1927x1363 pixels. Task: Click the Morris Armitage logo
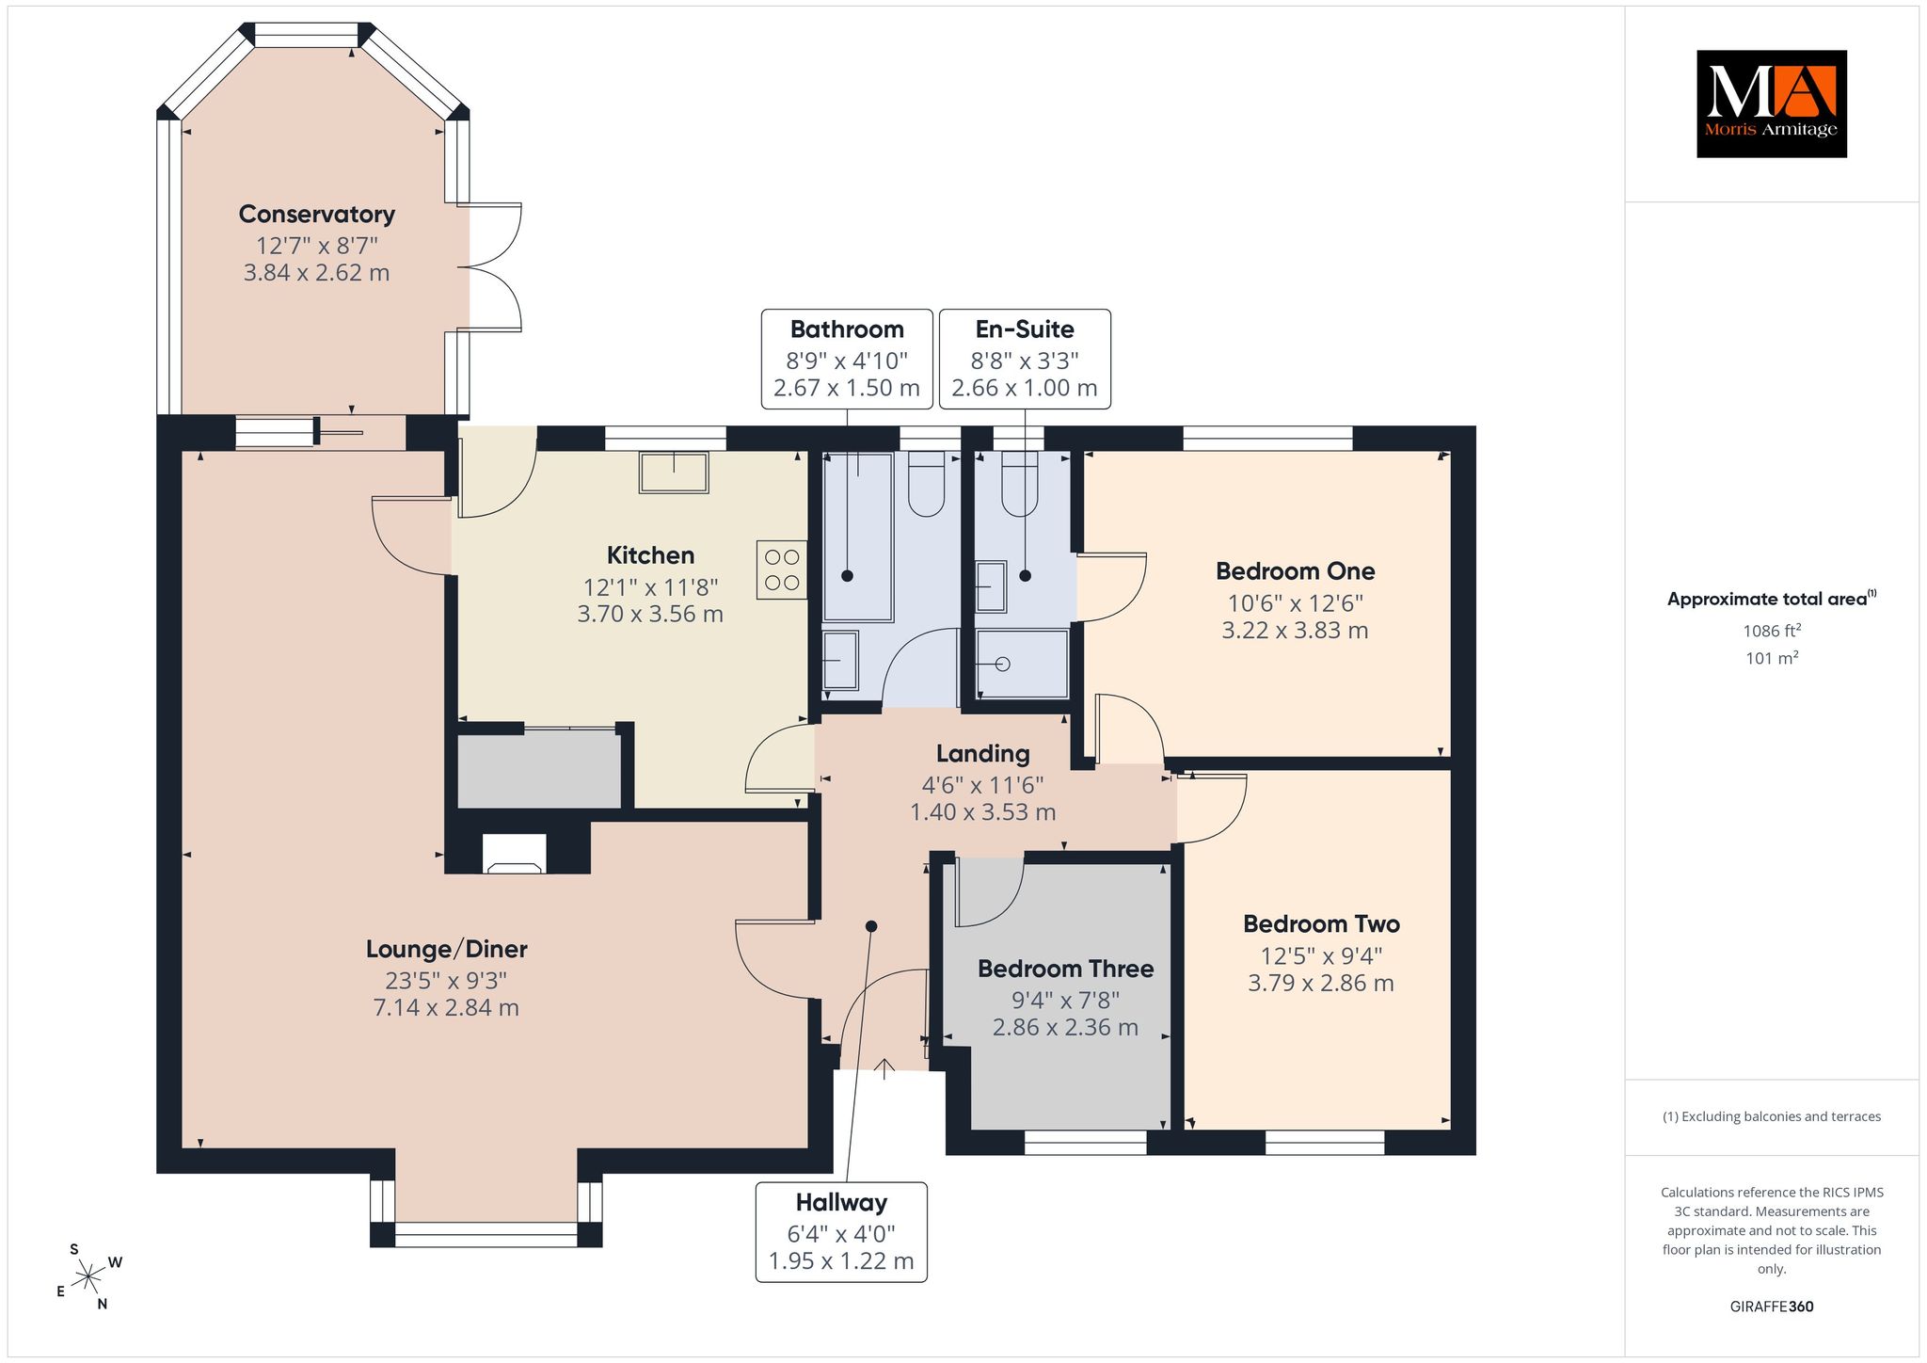(x=1771, y=104)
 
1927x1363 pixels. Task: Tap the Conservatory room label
(x=316, y=214)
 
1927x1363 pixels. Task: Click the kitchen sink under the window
(x=674, y=473)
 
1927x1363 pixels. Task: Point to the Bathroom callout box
(x=847, y=359)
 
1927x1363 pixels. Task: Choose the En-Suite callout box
(x=1025, y=359)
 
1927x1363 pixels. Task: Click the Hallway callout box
(x=841, y=1232)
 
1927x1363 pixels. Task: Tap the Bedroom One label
(x=1295, y=571)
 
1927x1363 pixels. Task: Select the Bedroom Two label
(x=1321, y=924)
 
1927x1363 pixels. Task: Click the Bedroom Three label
(x=1065, y=969)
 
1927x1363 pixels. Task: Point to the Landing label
(x=982, y=754)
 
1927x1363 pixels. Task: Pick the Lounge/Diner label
(x=446, y=949)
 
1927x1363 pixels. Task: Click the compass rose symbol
(x=88, y=1277)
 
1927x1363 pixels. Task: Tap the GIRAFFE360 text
(x=1772, y=1307)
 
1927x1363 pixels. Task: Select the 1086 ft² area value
(x=1772, y=631)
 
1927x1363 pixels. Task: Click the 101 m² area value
(x=1772, y=658)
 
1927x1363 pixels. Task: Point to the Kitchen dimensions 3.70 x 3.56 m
(x=650, y=615)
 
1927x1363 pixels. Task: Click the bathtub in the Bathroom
(x=857, y=537)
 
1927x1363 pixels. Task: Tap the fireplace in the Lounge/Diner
(x=514, y=854)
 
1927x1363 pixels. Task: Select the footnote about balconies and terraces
(x=1772, y=1116)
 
